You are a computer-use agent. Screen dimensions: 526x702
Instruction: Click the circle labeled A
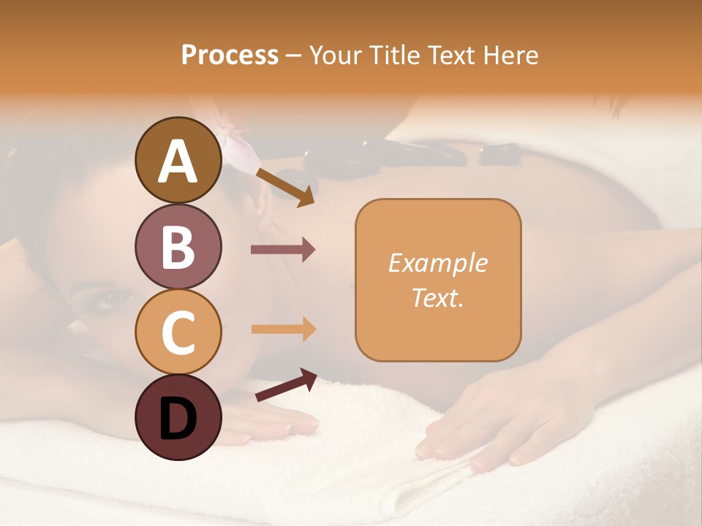pos(178,160)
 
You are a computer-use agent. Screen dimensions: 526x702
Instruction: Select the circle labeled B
pos(178,246)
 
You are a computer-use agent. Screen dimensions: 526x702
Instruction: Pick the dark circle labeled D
pos(178,417)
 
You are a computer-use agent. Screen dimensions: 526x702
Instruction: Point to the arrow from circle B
pos(283,250)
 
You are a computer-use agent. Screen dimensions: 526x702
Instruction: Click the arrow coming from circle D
pos(286,385)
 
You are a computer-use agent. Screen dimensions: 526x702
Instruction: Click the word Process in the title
pos(230,55)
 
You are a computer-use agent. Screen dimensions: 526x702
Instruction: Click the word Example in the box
pos(437,263)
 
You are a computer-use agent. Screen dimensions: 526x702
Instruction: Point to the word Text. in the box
pos(437,298)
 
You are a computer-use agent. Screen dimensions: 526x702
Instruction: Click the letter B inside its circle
pos(178,247)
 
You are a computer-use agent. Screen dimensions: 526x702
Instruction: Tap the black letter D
pos(178,419)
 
